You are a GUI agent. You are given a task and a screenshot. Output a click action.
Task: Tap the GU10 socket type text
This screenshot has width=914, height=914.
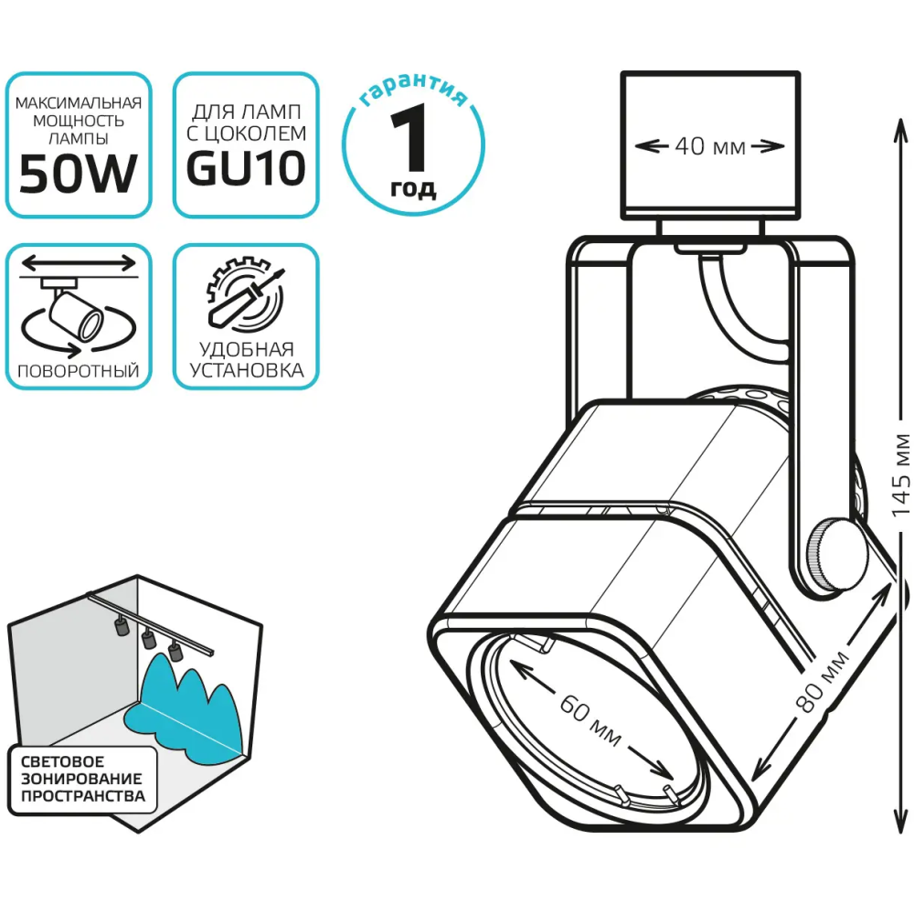click(x=246, y=170)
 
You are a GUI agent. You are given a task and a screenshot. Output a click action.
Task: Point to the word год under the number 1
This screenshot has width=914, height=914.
click(x=413, y=189)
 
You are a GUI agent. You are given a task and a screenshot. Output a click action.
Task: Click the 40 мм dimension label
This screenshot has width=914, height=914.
click(x=709, y=146)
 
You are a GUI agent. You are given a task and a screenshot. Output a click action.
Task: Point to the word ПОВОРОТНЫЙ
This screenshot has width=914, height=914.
click(x=78, y=371)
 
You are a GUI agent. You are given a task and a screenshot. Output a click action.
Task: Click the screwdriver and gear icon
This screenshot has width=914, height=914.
click(x=246, y=293)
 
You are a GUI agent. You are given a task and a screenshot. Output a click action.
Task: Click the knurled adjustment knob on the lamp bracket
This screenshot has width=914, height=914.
click(x=835, y=554)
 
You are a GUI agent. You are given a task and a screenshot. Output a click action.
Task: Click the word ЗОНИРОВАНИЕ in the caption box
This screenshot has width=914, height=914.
click(x=81, y=779)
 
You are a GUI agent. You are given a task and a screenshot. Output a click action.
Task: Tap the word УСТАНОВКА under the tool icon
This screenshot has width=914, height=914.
click(x=246, y=371)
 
